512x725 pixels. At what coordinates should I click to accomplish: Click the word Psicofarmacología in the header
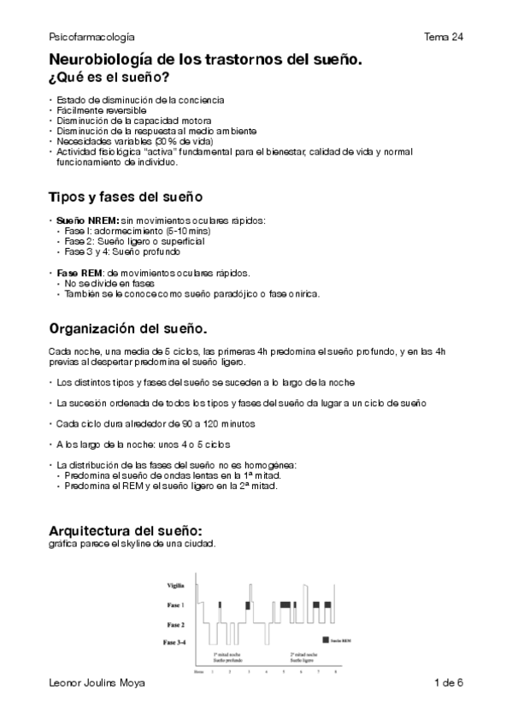pyautogui.click(x=91, y=38)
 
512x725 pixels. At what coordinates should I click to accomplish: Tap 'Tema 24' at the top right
pyautogui.click(x=443, y=38)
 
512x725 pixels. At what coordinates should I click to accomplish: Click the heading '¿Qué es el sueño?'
pyautogui.click(x=108, y=78)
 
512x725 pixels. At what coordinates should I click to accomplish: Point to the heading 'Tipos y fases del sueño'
pyautogui.click(x=126, y=197)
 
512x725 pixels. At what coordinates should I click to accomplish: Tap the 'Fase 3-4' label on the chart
pyautogui.click(x=174, y=641)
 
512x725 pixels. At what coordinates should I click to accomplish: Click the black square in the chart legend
pyautogui.click(x=325, y=640)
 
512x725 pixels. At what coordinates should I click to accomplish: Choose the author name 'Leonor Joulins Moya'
pyautogui.click(x=97, y=682)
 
